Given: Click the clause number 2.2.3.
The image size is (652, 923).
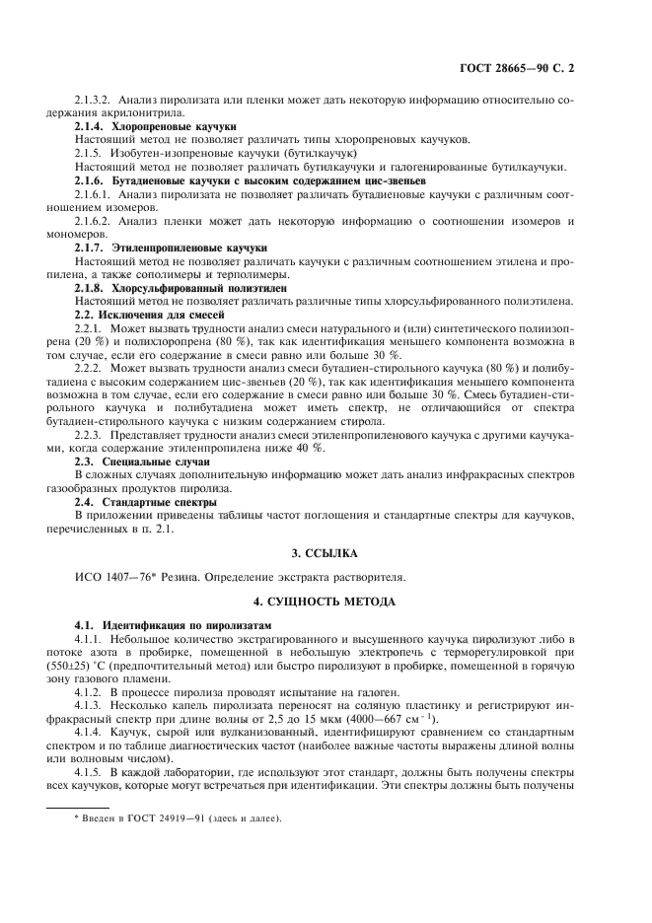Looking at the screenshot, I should [89, 433].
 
